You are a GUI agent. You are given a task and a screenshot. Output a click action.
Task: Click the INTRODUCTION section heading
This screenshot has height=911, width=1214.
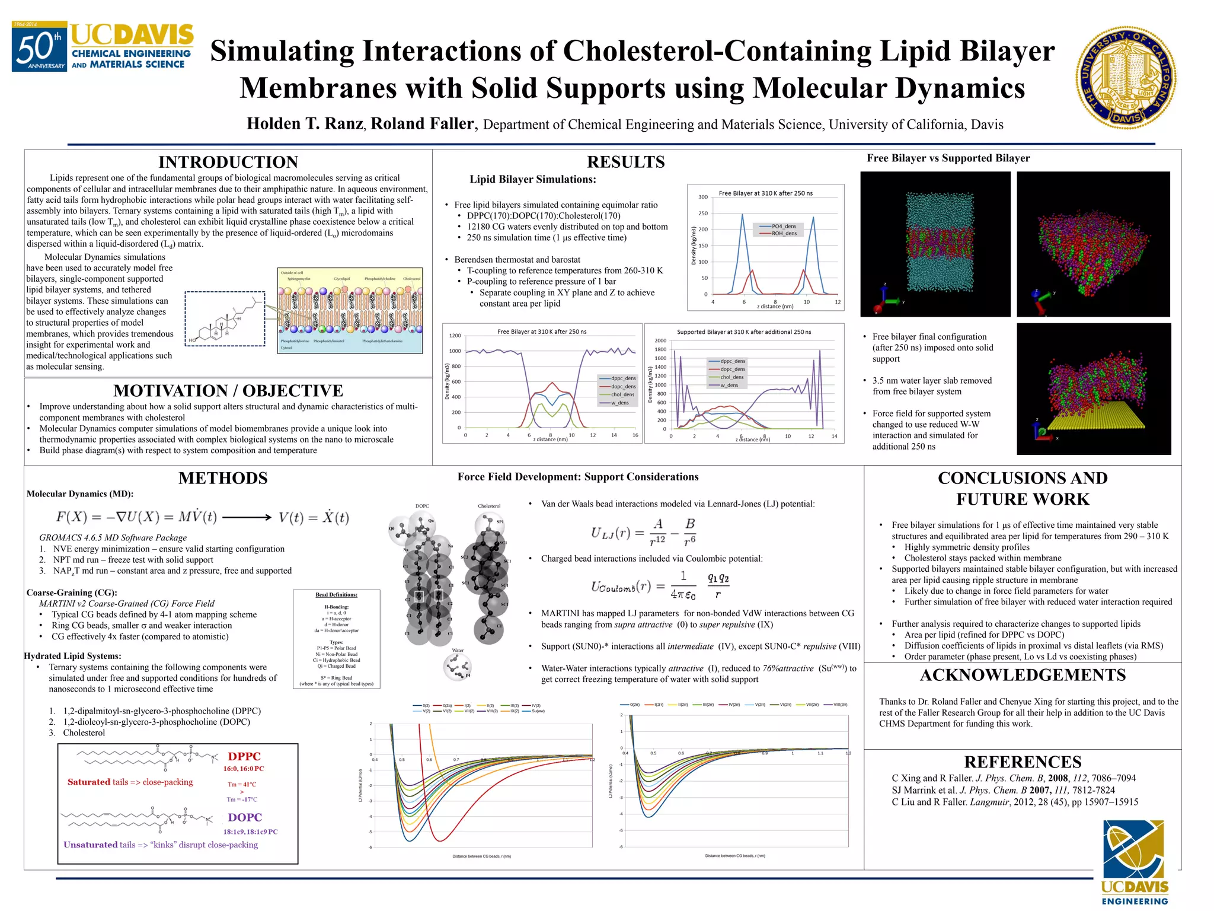[228, 162]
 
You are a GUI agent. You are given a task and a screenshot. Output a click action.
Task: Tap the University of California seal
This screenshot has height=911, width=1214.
[1126, 78]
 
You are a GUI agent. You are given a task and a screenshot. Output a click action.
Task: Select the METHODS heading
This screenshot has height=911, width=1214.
[223, 478]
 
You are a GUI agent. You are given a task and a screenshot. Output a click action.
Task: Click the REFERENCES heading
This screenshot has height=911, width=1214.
[1023, 762]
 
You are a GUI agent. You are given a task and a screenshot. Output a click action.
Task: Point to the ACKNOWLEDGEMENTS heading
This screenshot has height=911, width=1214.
[1023, 675]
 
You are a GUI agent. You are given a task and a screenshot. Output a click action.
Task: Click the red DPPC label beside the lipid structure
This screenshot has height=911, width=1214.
[244, 756]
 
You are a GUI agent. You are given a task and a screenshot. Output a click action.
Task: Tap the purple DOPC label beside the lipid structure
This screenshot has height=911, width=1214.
[245, 817]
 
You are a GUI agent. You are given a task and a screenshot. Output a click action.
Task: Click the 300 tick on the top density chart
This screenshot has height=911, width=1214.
[703, 197]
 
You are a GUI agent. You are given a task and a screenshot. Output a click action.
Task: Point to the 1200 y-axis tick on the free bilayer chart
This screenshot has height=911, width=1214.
[455, 336]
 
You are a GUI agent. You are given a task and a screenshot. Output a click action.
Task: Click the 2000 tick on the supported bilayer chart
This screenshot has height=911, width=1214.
[660, 340]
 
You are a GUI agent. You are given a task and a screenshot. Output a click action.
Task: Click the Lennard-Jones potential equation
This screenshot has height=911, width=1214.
[644, 532]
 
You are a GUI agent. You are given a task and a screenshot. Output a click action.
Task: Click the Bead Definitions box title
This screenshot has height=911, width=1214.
[336, 594]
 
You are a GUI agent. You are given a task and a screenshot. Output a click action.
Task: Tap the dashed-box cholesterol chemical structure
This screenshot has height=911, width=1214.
[225, 318]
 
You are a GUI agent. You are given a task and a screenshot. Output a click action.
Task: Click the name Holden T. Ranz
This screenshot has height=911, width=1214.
[304, 123]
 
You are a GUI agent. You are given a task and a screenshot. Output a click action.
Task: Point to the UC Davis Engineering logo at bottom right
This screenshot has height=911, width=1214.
[1135, 863]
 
